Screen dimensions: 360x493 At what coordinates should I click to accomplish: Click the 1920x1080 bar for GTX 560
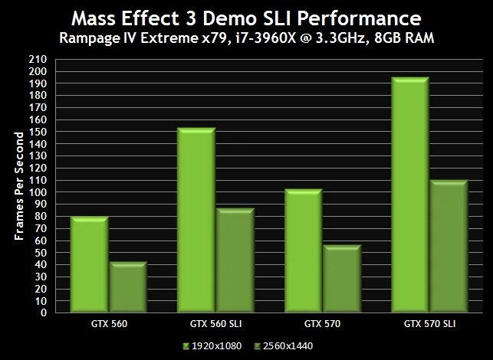click(x=88, y=265)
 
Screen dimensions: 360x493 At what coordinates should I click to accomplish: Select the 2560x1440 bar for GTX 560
click(x=127, y=287)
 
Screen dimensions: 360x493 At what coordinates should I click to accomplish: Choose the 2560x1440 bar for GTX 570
click(x=342, y=279)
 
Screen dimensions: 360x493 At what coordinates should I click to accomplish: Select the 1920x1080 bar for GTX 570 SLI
click(x=410, y=195)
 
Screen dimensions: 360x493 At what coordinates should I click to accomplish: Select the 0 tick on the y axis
click(x=44, y=313)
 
